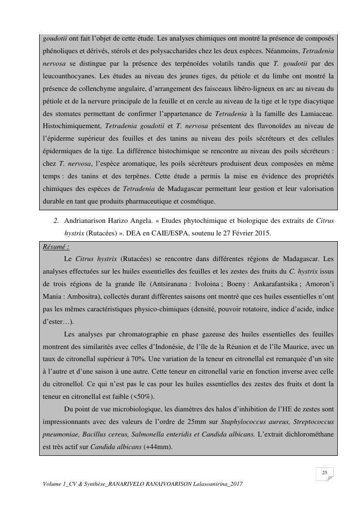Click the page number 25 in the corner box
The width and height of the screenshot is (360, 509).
(x=325, y=473)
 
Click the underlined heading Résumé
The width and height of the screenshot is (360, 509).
(x=56, y=247)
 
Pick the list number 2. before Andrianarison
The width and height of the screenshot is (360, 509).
(x=57, y=221)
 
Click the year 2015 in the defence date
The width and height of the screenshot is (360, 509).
(x=263, y=233)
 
